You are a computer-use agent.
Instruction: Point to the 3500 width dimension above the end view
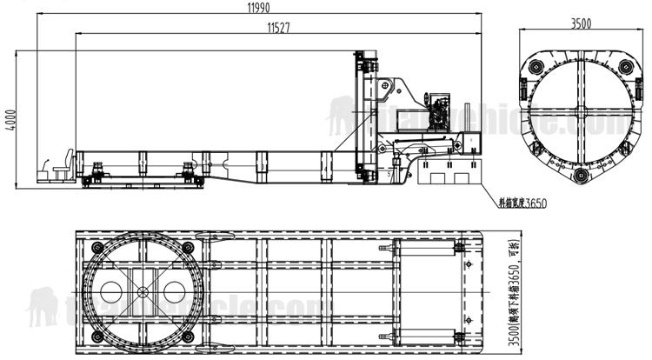(x=580, y=24)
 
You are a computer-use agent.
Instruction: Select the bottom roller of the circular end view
(x=580, y=178)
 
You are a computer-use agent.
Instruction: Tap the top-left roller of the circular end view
(x=533, y=67)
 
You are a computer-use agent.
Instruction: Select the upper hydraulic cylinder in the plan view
(x=426, y=249)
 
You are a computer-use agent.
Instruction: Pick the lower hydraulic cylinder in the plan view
(x=426, y=334)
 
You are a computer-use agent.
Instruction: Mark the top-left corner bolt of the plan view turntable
(x=96, y=246)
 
